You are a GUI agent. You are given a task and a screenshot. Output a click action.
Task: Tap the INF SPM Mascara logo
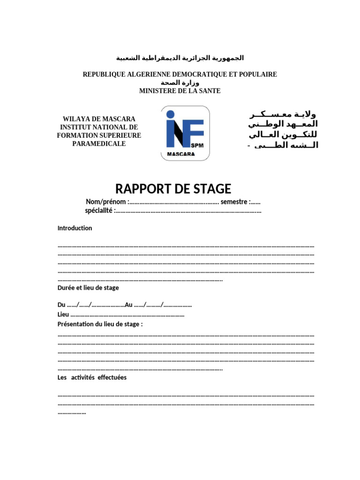pos(186,133)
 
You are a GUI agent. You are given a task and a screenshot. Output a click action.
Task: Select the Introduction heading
pos(75,228)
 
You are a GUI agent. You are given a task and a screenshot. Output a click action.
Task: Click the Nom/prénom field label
pos(106,202)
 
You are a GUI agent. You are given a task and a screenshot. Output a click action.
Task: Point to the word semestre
pos(234,202)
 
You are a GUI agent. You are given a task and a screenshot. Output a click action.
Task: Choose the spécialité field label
pos(98,210)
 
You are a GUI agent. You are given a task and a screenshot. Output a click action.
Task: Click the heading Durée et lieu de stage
pos(88,287)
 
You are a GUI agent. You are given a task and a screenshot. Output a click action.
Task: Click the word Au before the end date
pos(129,305)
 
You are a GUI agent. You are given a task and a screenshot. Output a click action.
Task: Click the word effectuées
pos(112,377)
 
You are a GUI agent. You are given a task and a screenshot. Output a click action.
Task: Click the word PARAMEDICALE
pos(99,143)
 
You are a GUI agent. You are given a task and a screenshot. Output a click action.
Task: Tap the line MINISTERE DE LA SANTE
pos(180,91)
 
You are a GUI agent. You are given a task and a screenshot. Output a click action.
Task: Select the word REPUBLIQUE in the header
pos(103,75)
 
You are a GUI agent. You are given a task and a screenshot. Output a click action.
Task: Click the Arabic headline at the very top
pos(180,58)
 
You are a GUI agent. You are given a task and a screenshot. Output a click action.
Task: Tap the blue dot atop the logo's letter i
pos(170,114)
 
